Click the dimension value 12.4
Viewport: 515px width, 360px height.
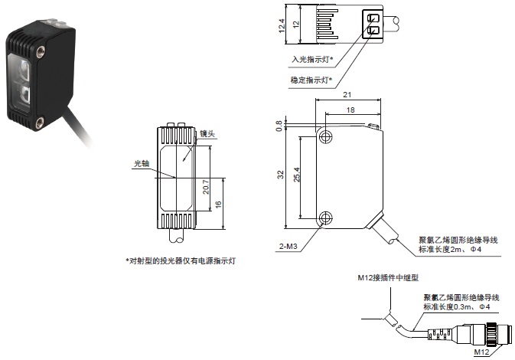(282, 26)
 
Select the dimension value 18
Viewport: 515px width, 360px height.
(350, 111)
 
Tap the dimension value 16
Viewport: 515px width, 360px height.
(218, 205)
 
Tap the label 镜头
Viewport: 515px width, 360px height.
(206, 134)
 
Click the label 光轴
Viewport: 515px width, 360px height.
(141, 163)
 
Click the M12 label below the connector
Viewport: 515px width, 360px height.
(481, 352)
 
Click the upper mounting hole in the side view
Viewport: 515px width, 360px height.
(327, 137)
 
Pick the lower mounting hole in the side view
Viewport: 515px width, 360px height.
(327, 217)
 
